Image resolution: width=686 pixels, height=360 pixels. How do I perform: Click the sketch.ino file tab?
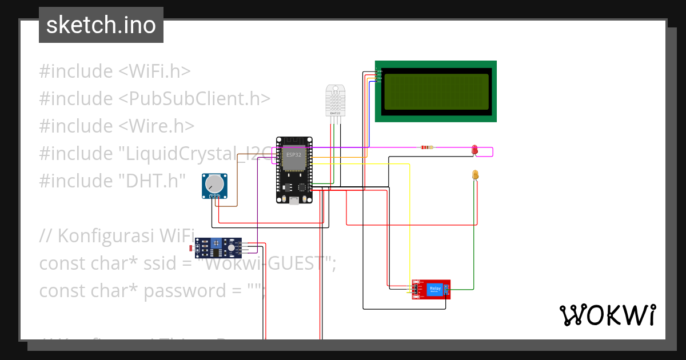pyautogui.click(x=101, y=25)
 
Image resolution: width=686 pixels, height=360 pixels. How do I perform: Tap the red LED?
pyautogui.click(x=474, y=150)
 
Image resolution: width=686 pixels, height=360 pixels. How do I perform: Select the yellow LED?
pyautogui.click(x=474, y=175)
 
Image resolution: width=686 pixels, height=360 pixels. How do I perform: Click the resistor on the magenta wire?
pyautogui.click(x=426, y=147)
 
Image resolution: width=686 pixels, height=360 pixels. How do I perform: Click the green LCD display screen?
pyautogui.click(x=436, y=91)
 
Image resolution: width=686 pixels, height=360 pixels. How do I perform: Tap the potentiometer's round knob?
pyautogui.click(x=214, y=183)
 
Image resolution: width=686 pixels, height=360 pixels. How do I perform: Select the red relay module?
pyautogui.click(x=431, y=289)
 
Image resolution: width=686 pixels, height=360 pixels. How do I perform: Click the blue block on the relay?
pyautogui.click(x=435, y=289)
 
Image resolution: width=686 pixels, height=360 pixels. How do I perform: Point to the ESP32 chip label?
pyautogui.click(x=293, y=155)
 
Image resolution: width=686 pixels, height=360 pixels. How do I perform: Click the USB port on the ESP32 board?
pyautogui.click(x=294, y=200)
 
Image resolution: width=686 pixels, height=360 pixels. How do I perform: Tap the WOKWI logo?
pyautogui.click(x=607, y=315)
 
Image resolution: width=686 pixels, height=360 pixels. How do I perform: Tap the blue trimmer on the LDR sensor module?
pyautogui.click(x=217, y=244)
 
